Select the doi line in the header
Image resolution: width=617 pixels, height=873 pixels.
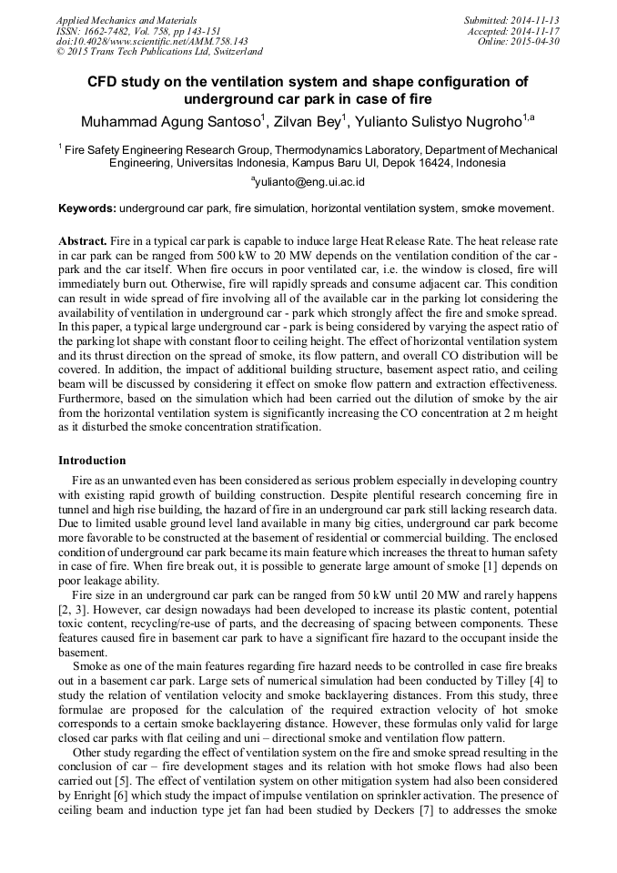tap(152, 42)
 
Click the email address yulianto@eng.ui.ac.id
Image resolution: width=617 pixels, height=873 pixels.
tap(309, 181)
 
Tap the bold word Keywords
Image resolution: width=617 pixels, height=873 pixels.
tap(86, 208)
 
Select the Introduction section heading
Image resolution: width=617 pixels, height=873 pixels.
tap(92, 461)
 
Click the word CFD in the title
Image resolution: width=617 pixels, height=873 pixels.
tap(105, 82)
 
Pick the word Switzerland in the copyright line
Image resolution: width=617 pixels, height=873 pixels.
tap(233, 53)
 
